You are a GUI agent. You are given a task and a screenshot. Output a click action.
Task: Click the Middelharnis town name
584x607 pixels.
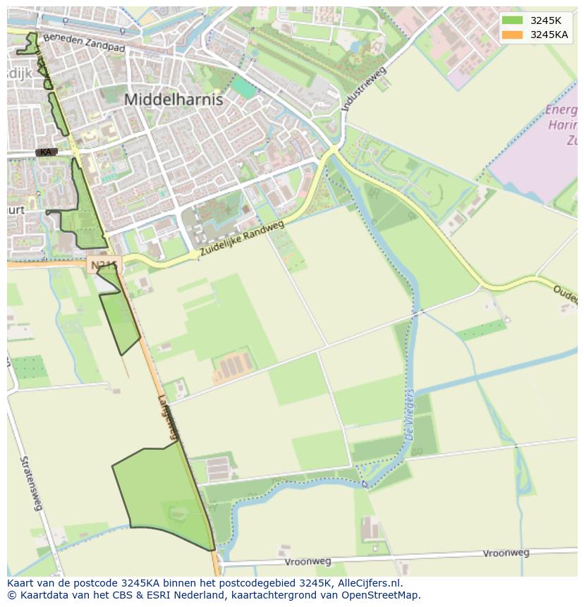pos(174,99)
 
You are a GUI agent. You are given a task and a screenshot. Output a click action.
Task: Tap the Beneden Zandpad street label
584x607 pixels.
pos(83,44)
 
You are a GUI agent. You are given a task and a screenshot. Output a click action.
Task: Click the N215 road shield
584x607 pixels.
pos(104,265)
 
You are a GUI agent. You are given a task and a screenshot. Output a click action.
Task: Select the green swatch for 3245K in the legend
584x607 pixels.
pos(513,20)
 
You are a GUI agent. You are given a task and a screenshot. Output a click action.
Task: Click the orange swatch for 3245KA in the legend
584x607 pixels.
pos(513,35)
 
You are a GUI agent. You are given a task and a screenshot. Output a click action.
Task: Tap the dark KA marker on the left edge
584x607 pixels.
pos(46,152)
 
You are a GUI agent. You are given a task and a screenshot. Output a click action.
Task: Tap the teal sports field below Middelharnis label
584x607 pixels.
pos(245,88)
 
